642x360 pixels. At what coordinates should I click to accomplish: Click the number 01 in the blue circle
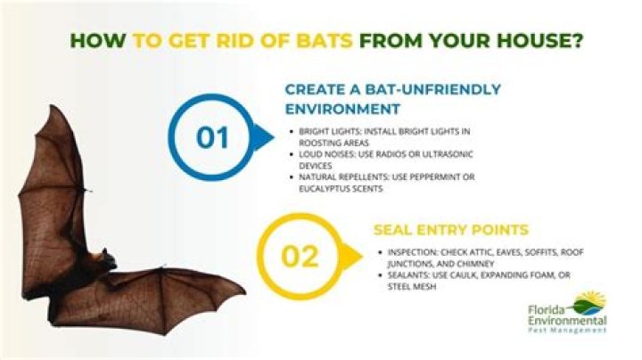point(213,138)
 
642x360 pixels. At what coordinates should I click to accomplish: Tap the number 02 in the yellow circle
point(300,256)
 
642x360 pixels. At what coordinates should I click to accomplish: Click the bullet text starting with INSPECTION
point(482,257)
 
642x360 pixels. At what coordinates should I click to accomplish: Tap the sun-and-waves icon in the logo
point(589,301)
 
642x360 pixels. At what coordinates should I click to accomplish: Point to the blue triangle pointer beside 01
point(263,138)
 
